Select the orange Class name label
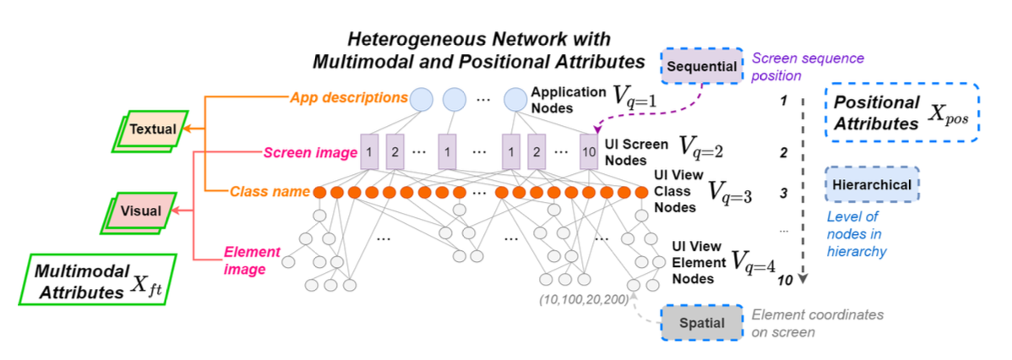point(268,192)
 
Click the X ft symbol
point(146,281)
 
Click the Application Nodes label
point(568,99)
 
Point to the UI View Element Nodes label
point(697,263)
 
